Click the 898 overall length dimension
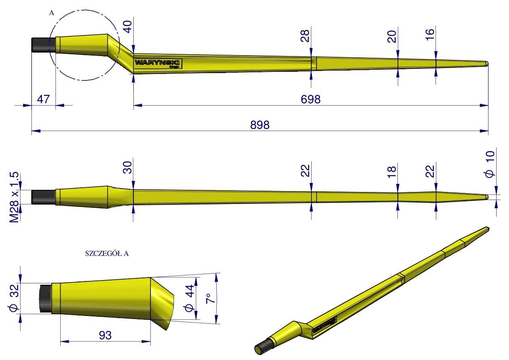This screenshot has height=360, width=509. coord(260,125)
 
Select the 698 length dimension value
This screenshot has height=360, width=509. coord(311,99)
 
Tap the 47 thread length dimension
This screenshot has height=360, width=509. coord(43,99)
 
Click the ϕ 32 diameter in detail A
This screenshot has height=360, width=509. coord(15,298)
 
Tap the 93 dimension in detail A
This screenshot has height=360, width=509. coord(105,335)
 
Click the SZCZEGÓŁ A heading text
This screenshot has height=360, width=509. coord(107,254)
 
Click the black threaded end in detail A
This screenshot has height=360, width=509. coord(45,298)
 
